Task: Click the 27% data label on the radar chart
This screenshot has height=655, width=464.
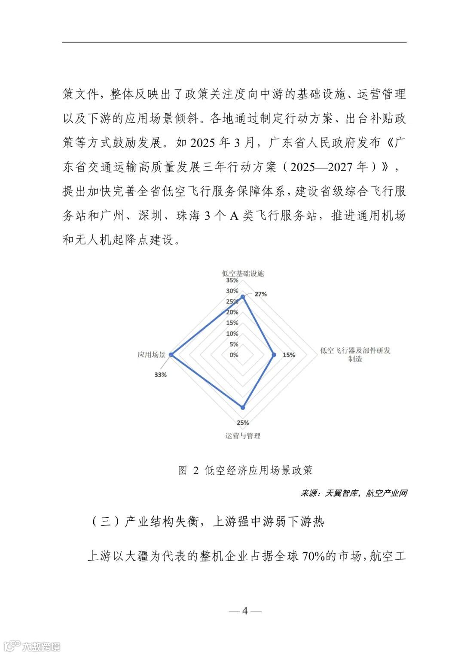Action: [x=260, y=294]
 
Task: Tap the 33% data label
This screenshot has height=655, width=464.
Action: [x=160, y=374]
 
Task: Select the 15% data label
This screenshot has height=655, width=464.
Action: [x=289, y=355]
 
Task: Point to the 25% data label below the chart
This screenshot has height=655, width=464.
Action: [x=243, y=423]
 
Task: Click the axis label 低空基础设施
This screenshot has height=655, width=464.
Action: [x=243, y=273]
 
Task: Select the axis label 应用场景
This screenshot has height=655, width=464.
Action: [x=151, y=355]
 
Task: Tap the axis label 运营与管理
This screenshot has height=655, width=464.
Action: [x=243, y=436]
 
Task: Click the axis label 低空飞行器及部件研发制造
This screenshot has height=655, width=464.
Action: [x=355, y=355]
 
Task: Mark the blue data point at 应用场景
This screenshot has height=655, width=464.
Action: [x=171, y=355]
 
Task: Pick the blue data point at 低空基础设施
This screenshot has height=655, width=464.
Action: [x=243, y=297]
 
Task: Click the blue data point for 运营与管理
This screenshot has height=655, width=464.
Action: [x=243, y=407]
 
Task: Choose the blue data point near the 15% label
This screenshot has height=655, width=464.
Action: [x=274, y=355]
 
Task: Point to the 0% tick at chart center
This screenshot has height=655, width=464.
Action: [x=234, y=355]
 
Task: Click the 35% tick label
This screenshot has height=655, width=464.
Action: [x=232, y=281]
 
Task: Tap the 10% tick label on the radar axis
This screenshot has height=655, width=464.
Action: [x=232, y=334]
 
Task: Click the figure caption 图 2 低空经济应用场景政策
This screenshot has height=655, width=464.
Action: [x=245, y=470]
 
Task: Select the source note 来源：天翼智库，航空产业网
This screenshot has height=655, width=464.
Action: [x=353, y=493]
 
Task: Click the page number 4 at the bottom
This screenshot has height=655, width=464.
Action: [x=245, y=611]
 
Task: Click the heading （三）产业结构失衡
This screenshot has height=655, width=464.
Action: [x=208, y=522]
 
